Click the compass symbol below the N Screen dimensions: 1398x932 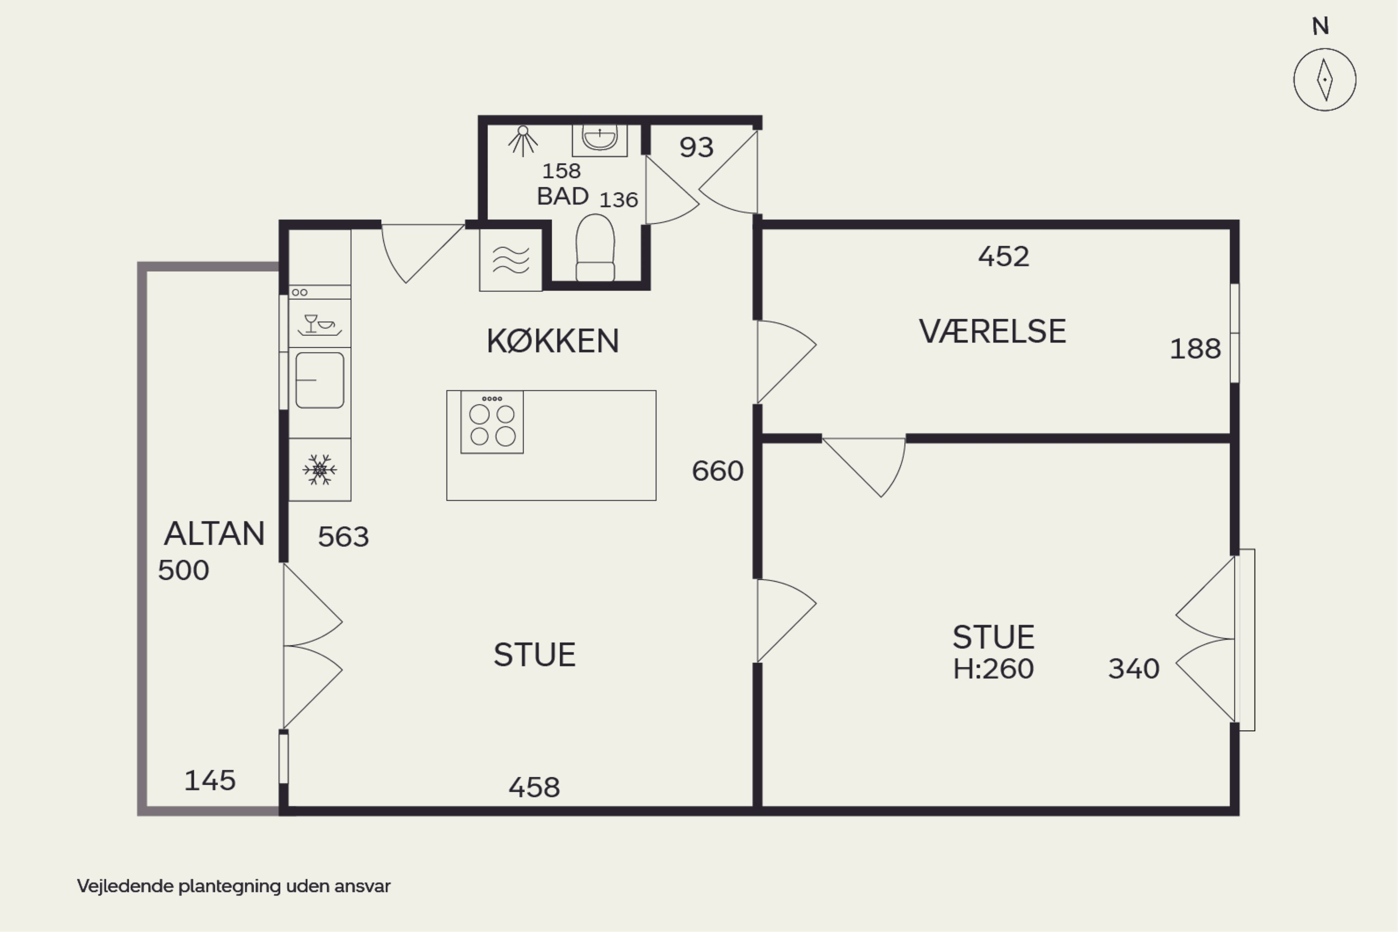coord(1324,80)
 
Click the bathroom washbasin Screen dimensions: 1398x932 coord(599,139)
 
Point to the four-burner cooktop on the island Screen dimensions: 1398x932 coord(492,422)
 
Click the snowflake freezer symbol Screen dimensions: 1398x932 coord(320,470)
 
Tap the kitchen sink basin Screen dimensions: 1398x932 coord(320,380)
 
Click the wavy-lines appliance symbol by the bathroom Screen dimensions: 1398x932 coord(511,260)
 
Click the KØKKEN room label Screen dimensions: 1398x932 coord(553,341)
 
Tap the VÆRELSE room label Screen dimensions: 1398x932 coord(993,331)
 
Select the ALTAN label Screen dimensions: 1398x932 coord(214,533)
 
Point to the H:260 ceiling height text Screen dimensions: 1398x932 coord(993,669)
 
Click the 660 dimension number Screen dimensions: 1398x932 coord(718,471)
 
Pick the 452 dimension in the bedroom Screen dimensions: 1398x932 coord(1003,257)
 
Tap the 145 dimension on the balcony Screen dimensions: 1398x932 coord(210,781)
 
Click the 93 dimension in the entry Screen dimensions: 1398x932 coord(696,147)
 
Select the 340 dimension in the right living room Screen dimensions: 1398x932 coord(1133,669)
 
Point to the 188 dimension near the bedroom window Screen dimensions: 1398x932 coord(1195,349)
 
